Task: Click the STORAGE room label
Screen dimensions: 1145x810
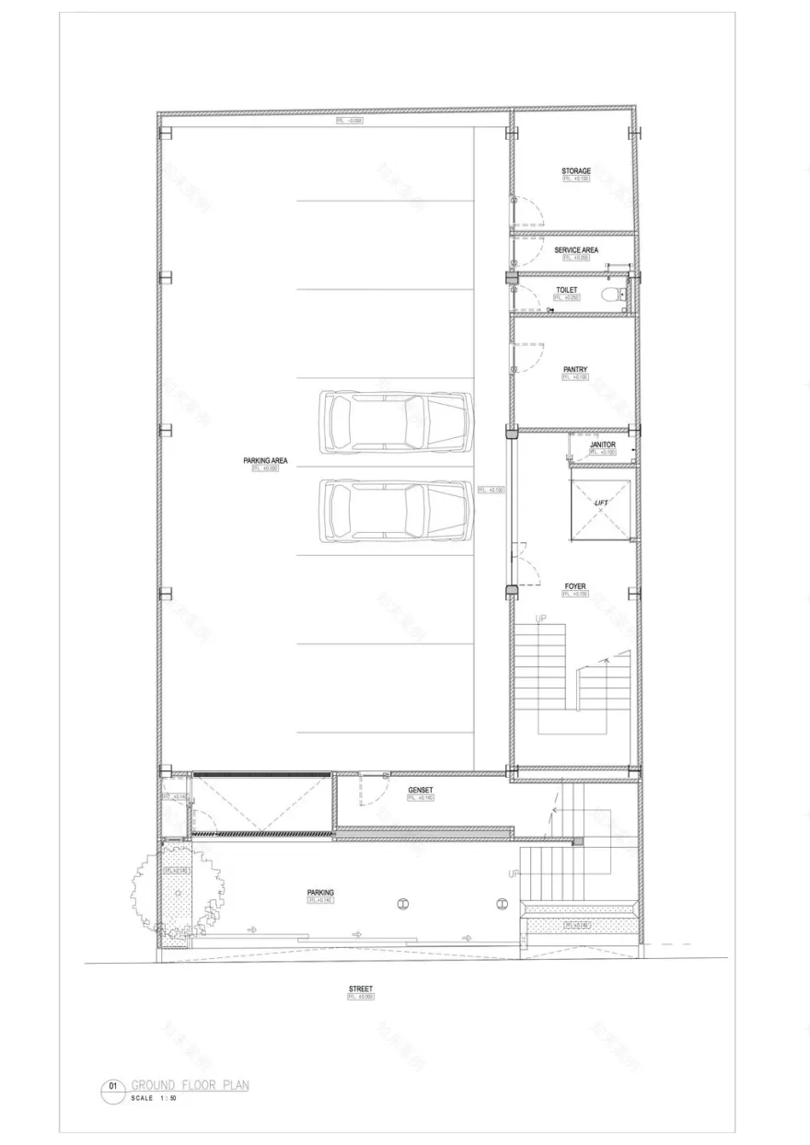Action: [576, 171]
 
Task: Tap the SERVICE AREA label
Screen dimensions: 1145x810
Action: [576, 249]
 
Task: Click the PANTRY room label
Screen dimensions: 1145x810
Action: [576, 370]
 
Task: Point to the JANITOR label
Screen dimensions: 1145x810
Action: [602, 445]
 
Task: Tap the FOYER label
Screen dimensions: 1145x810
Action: [575, 586]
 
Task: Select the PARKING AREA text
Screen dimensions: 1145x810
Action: [265, 460]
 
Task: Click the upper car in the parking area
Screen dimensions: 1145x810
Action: [395, 422]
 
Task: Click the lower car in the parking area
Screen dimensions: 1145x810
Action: [395, 510]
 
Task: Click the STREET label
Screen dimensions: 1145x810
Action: [361, 989]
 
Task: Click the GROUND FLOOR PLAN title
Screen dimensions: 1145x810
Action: [190, 1085]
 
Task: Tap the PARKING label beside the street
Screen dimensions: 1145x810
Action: [321, 893]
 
